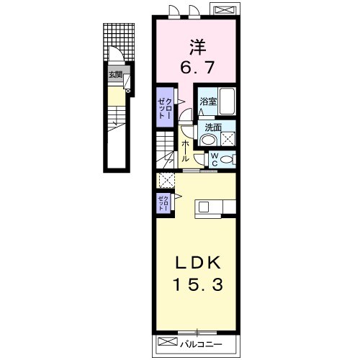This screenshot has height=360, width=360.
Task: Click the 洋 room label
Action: click(x=198, y=48)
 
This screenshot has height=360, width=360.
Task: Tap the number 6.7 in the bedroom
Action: click(x=197, y=68)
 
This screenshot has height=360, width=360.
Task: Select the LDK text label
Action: click(x=198, y=263)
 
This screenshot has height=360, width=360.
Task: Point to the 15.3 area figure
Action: click(x=199, y=284)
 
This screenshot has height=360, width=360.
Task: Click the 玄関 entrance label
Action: click(x=115, y=75)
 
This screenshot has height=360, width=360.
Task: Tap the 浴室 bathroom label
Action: click(x=208, y=102)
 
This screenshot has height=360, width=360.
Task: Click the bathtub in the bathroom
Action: click(x=228, y=102)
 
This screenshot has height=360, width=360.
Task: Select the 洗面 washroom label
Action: click(x=212, y=127)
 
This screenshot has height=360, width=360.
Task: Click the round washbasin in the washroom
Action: click(x=209, y=140)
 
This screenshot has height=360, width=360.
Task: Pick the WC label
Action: click(x=215, y=160)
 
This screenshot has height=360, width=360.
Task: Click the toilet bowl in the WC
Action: click(x=227, y=160)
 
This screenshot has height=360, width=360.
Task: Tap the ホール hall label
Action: click(x=185, y=151)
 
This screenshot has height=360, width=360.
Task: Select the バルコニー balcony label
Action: click(x=201, y=344)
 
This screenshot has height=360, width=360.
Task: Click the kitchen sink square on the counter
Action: click(x=204, y=207)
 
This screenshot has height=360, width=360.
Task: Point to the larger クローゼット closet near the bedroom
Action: click(x=165, y=107)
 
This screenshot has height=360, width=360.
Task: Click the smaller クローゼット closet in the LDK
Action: click(x=163, y=203)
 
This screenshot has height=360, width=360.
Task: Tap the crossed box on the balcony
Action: click(x=168, y=341)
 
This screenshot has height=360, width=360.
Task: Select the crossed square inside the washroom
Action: click(x=228, y=139)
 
